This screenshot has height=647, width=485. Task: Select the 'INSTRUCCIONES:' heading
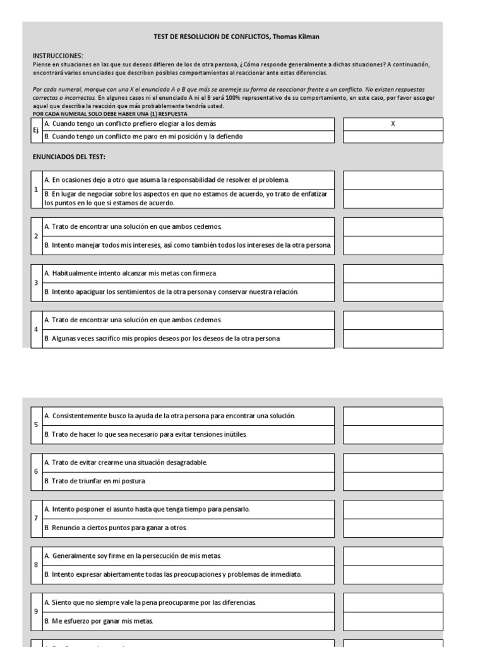[x=57, y=56]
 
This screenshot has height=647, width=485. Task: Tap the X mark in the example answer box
[x=393, y=124]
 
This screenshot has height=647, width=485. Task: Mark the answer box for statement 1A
[x=393, y=180]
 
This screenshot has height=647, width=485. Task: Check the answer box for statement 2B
[x=393, y=245]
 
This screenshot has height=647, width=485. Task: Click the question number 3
[x=36, y=282]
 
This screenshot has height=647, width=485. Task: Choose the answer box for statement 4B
[x=393, y=339]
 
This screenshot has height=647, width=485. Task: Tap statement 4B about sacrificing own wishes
[x=163, y=339]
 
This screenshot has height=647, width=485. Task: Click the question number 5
[x=36, y=425]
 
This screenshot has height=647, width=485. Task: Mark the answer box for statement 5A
[x=393, y=416]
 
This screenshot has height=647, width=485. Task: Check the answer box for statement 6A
[x=393, y=463]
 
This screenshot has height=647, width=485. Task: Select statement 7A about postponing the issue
[x=152, y=509]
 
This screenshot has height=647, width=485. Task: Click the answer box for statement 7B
[x=393, y=528]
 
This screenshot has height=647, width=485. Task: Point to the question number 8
[x=36, y=565]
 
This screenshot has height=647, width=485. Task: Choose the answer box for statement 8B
[x=393, y=574]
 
